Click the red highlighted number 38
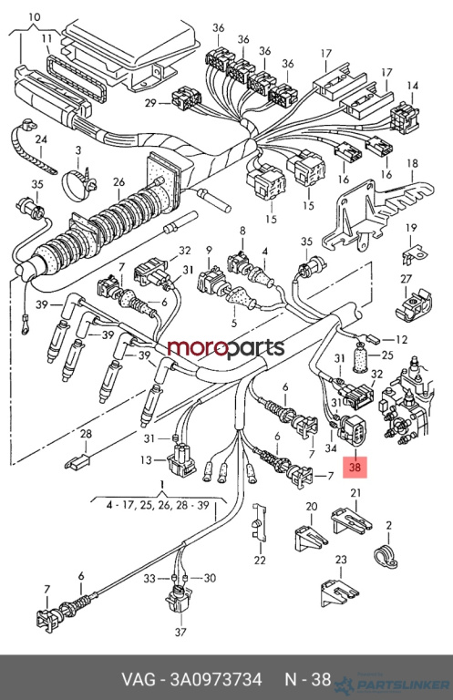(x=355, y=468)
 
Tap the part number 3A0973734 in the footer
(x=216, y=679)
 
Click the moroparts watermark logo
(x=226, y=348)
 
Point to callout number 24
(x=41, y=139)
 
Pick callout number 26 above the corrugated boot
(x=118, y=182)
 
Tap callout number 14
(x=413, y=86)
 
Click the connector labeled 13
(x=181, y=459)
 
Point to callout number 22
(x=260, y=560)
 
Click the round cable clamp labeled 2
(x=386, y=556)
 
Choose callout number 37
(x=180, y=632)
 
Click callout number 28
(x=86, y=434)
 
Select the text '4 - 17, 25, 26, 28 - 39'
(x=158, y=505)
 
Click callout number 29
(x=150, y=103)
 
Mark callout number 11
(x=47, y=38)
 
